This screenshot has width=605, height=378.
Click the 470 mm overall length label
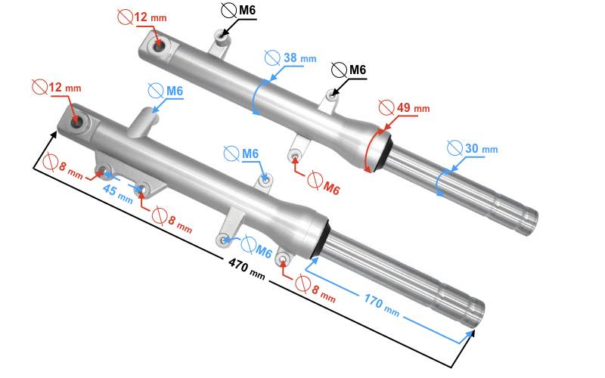tap(247, 270)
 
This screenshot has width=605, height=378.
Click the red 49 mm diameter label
tap(413, 107)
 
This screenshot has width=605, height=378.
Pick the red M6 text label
tap(330, 187)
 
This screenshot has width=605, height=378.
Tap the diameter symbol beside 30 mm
tap(454, 147)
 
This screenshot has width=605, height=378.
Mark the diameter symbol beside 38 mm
tap(273, 57)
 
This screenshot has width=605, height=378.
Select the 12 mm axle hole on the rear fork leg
tap(160, 48)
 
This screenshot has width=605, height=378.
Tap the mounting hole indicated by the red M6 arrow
tap(296, 156)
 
